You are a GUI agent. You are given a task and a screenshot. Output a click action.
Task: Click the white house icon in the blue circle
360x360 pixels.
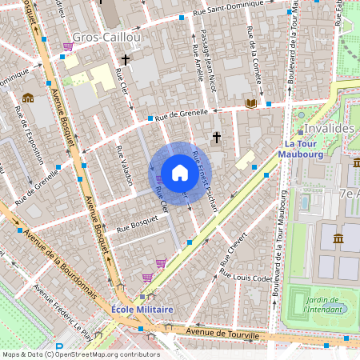pos(180,172)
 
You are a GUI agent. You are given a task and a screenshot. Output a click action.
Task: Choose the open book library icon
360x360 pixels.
pos(251,102)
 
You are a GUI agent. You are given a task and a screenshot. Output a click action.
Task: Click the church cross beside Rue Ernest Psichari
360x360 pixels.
pos(216,138)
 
